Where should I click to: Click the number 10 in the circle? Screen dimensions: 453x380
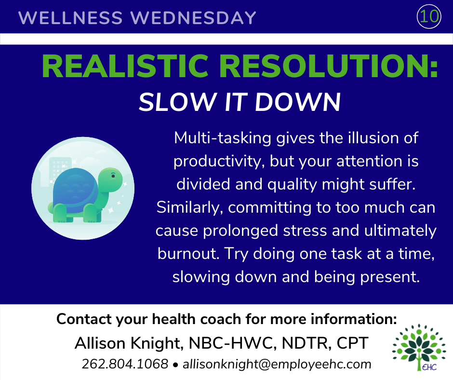pos(429,16)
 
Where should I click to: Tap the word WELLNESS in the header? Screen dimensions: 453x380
pos(70,18)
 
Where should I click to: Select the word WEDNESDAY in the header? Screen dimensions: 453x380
pos(193,18)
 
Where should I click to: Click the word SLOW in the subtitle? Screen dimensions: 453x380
pos(177,102)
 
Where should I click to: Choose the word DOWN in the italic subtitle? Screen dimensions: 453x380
pos(298,102)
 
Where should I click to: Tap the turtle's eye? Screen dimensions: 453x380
pos(113,176)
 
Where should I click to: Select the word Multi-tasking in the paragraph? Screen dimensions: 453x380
pos(223,138)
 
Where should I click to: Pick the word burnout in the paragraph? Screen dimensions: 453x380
pos(188,254)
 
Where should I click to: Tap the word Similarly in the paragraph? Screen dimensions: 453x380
pos(190,208)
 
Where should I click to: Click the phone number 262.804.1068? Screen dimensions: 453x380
pos(125,364)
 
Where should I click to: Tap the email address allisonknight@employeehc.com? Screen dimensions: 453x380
pos(277,364)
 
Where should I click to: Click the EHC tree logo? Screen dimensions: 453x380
pos(418,347)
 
